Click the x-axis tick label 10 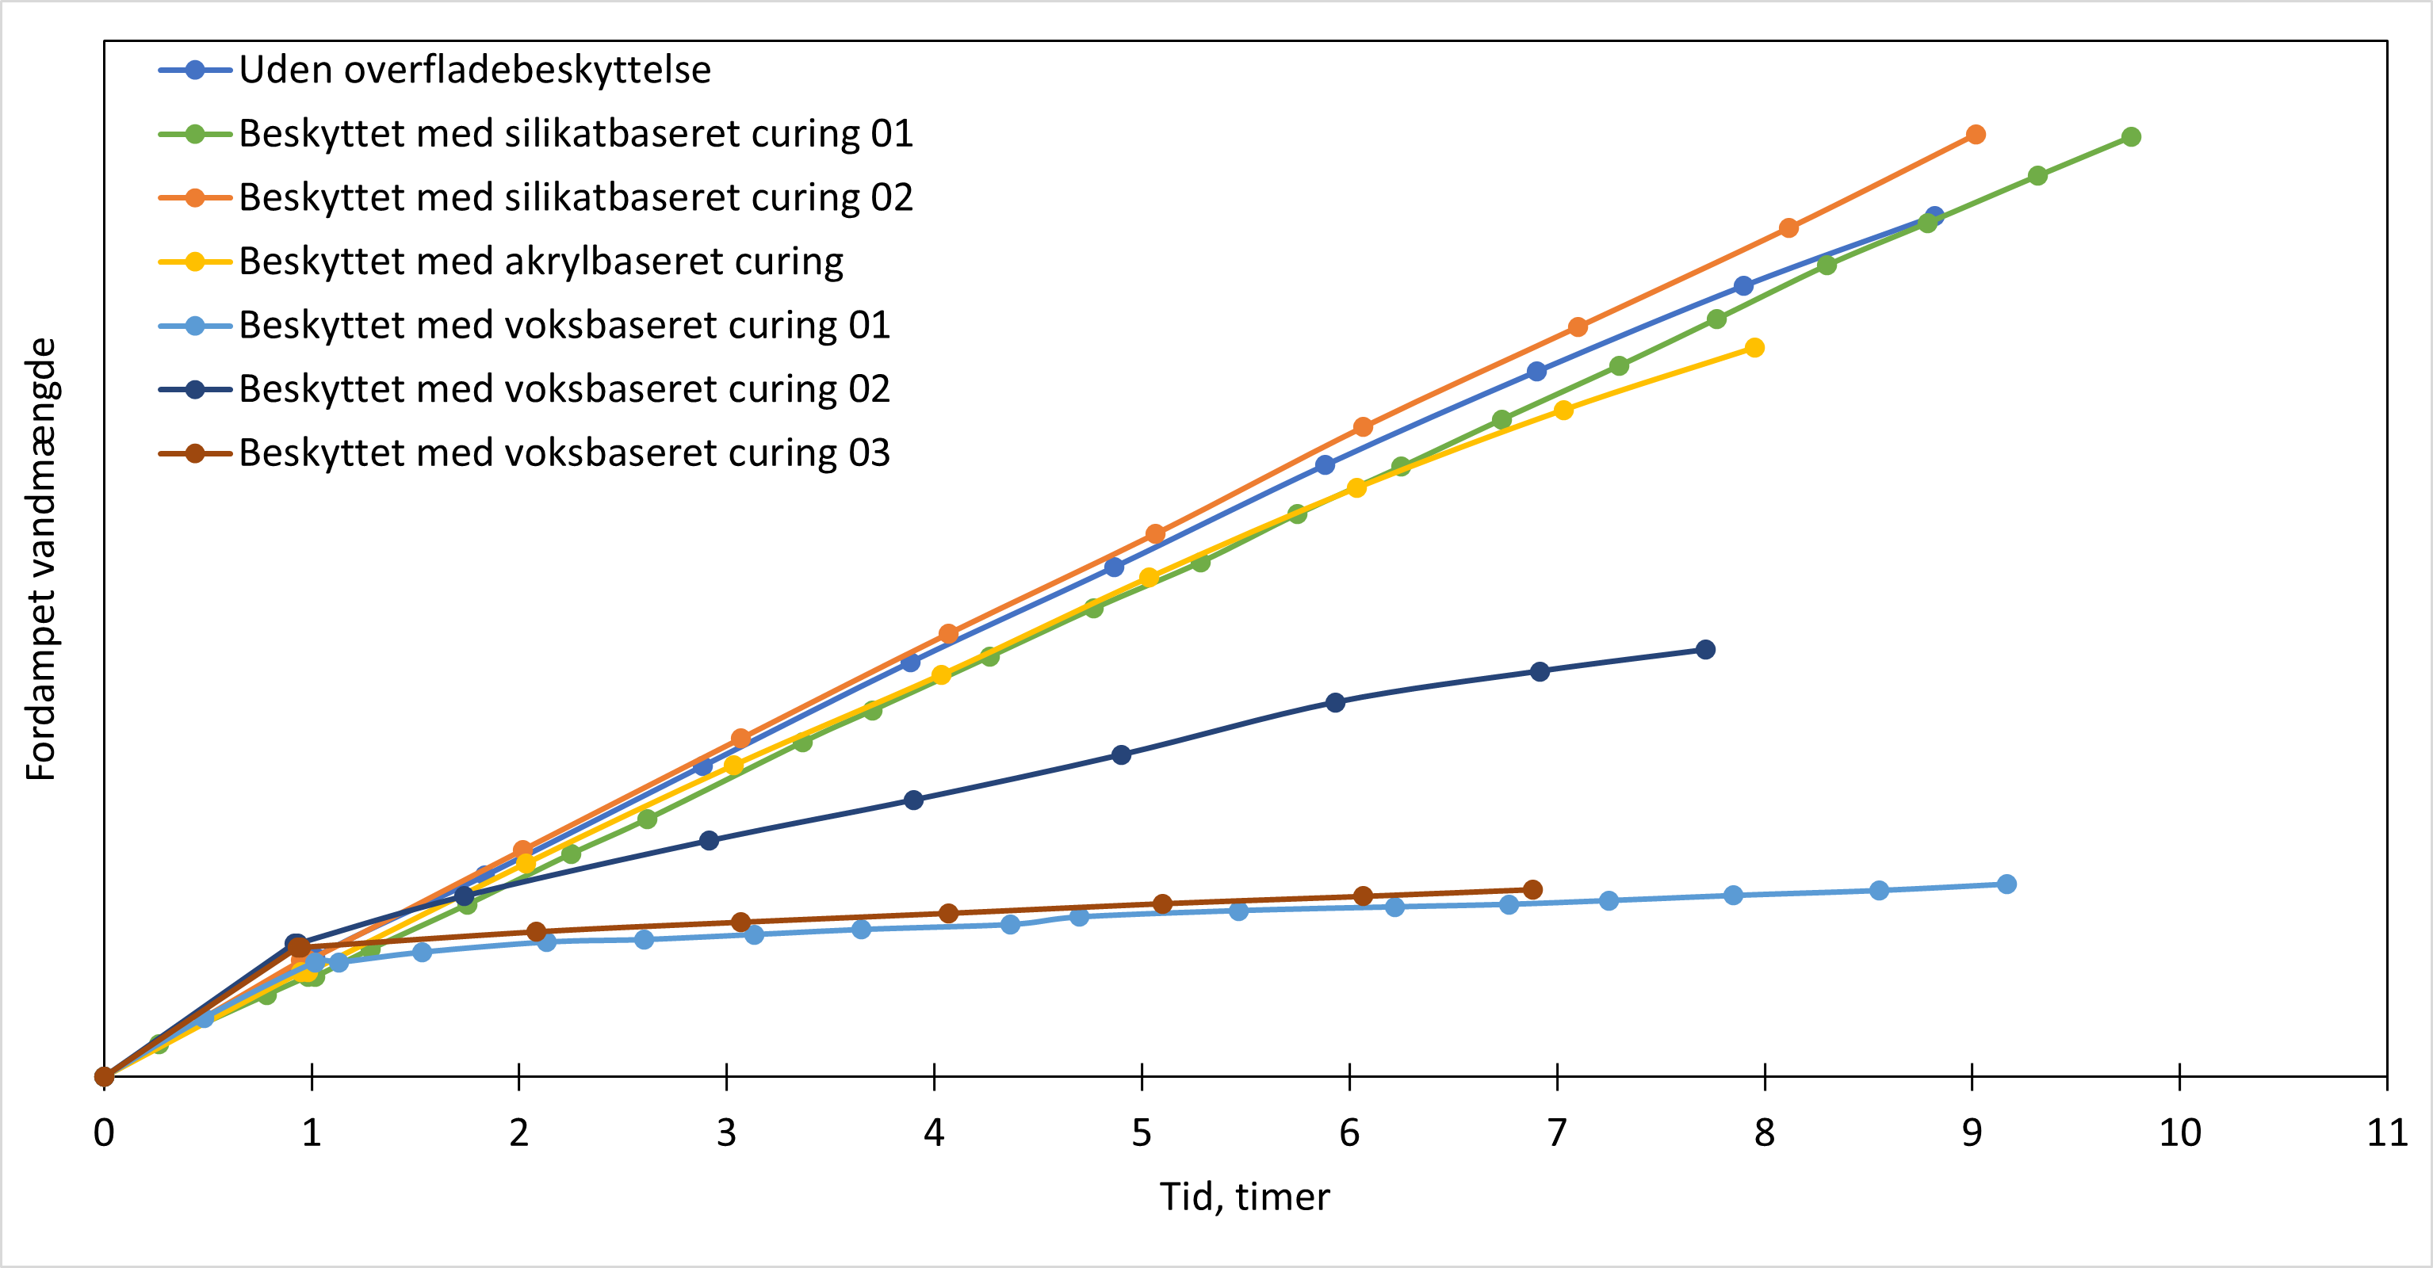click(x=2179, y=1132)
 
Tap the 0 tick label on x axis click(x=104, y=1132)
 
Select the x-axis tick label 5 click(x=1141, y=1132)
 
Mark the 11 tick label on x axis click(x=2385, y=1132)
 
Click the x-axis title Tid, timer click(x=1244, y=1196)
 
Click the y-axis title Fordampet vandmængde click(x=41, y=559)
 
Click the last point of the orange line click(x=1975, y=135)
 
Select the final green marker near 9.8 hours click(x=2131, y=137)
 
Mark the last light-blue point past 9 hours click(x=2008, y=884)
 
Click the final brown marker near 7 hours click(x=1533, y=889)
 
